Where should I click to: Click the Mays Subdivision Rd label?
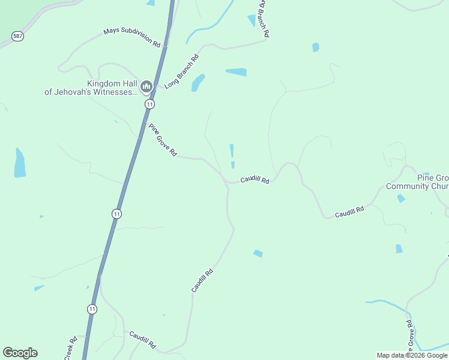point(132,37)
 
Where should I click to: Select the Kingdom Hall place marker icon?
point(146,88)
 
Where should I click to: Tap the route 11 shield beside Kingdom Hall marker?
point(149,104)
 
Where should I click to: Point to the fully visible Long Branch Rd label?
point(181,72)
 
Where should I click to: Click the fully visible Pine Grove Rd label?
point(163,140)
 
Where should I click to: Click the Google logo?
point(20,353)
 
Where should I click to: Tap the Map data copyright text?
point(412,355)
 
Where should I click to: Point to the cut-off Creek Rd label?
point(70,348)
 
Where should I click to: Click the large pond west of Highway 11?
point(20,163)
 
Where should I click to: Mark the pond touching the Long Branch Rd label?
point(198,83)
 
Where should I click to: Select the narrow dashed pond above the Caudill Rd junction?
point(232,156)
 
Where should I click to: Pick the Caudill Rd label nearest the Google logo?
point(142,340)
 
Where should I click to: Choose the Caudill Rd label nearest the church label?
point(349,211)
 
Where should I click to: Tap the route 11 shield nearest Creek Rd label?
point(91,309)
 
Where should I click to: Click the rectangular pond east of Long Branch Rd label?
point(236,72)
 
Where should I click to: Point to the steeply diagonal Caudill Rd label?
point(202,280)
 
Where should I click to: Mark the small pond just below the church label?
point(400,199)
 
